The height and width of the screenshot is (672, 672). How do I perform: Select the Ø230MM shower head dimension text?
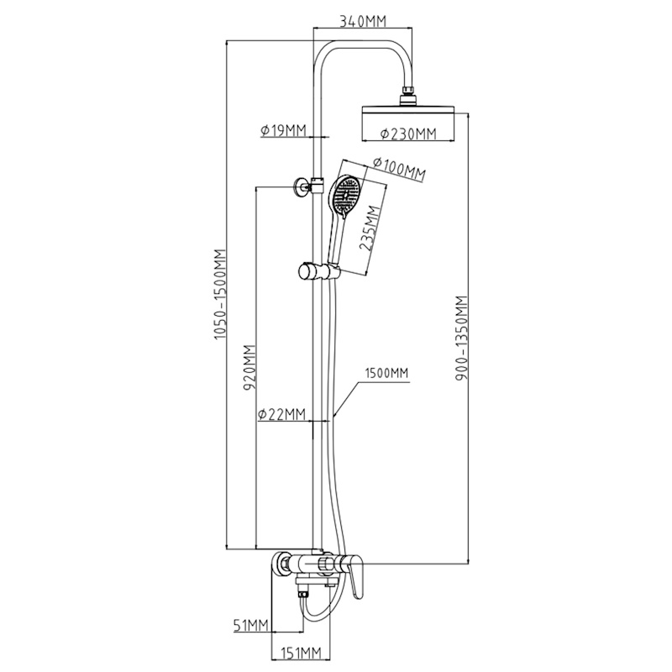click(x=408, y=134)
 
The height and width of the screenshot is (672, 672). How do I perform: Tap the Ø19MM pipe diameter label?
click(x=283, y=130)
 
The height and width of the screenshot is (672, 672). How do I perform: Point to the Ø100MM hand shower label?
click(x=399, y=169)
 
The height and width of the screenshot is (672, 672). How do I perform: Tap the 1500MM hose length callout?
click(x=386, y=374)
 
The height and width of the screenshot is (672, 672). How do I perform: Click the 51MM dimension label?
click(x=250, y=624)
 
